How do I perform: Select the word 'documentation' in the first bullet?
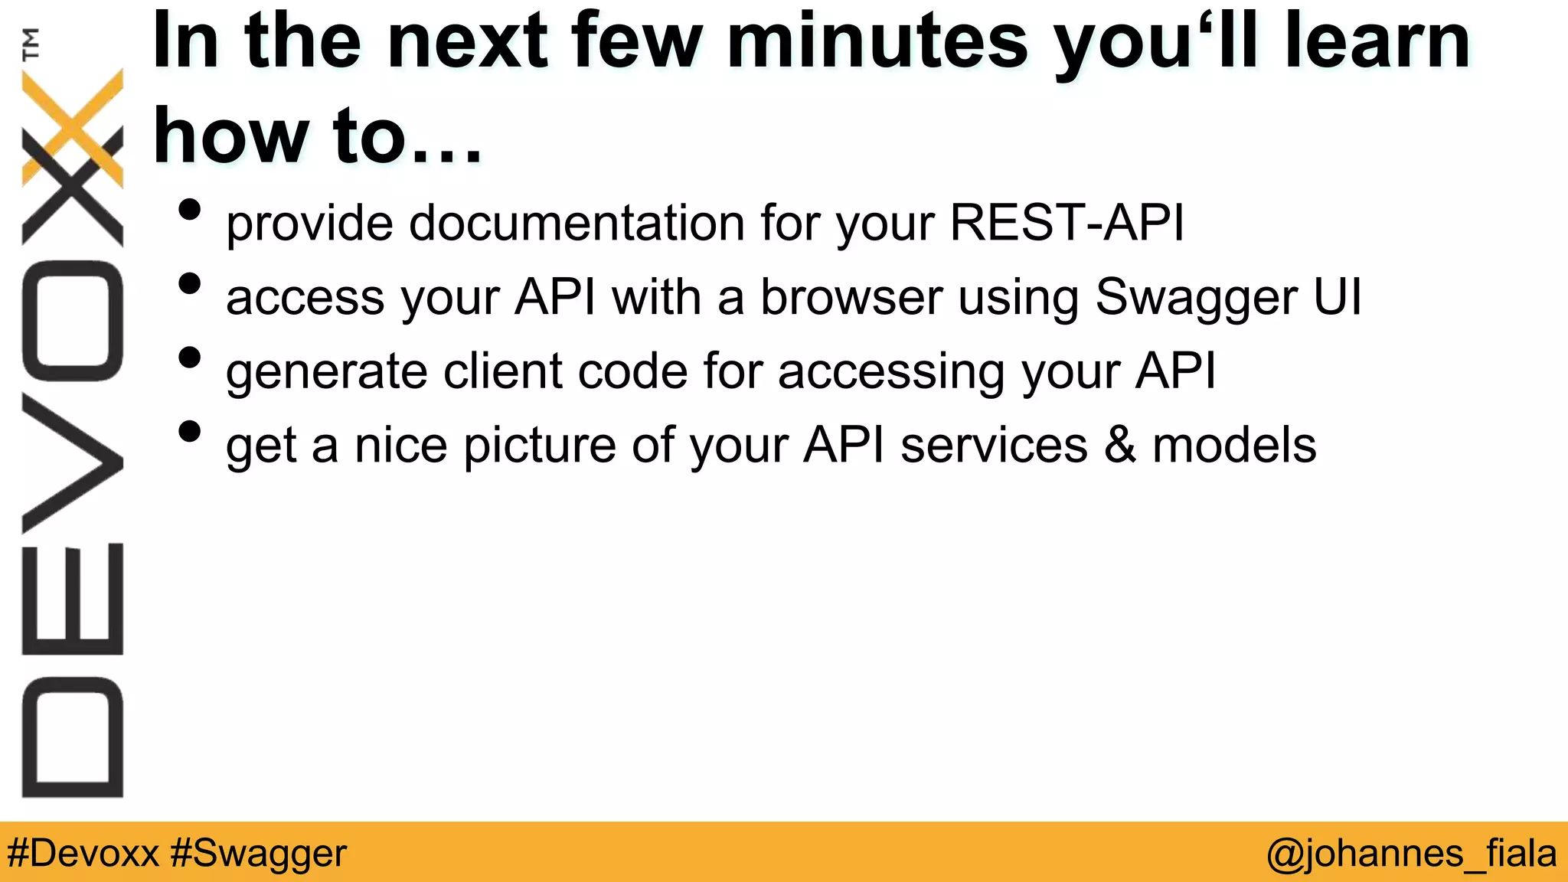(577, 224)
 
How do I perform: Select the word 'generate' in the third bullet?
(326, 374)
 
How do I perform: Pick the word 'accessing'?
(891, 374)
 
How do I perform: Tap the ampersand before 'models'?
(1119, 446)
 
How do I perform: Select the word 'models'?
(1234, 446)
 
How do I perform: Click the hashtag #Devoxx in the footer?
(83, 853)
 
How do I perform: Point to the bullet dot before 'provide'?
(189, 210)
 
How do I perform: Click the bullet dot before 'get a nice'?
(189, 432)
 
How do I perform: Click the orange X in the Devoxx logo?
(73, 127)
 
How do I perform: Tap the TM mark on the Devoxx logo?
(31, 44)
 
